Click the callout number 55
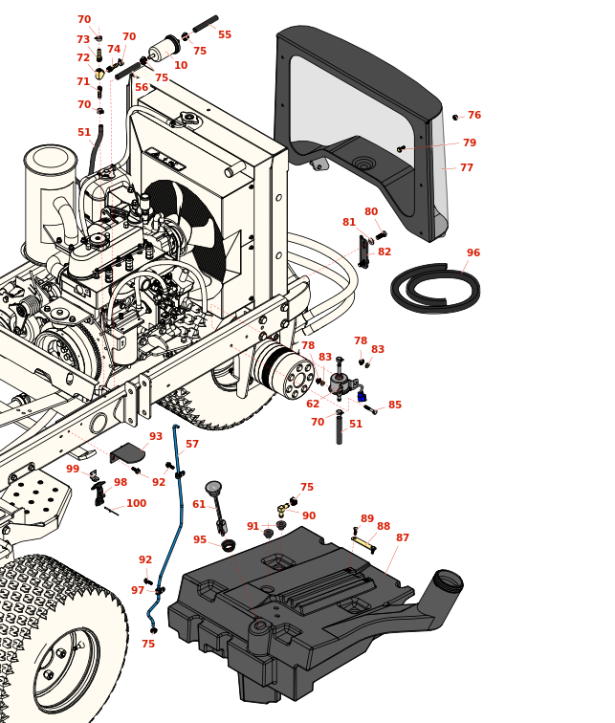pos(225,34)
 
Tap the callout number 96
pos(473,253)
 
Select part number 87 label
pos(403,538)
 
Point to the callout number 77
pos(467,168)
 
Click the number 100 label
pos(137,504)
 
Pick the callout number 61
pos(199,505)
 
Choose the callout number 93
pos(156,437)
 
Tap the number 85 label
pos(395,405)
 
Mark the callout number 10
pos(181,66)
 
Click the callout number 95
pos(200,540)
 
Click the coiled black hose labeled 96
pos(435,288)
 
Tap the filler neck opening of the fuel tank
pos(448,580)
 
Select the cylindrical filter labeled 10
pos(164,49)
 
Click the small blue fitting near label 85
pos(362,396)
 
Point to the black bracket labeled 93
pos(127,452)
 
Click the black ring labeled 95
pos(229,545)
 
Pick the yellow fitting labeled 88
pos(362,543)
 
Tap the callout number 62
pos(313,405)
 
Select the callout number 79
pos(470,143)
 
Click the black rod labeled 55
pos(205,23)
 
